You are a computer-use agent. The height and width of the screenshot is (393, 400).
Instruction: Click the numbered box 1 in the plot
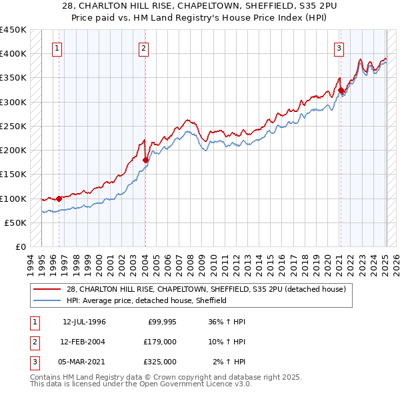(x=57, y=48)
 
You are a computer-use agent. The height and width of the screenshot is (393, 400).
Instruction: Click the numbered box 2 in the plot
(x=144, y=48)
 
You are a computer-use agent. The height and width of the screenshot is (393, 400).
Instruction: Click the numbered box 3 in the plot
(x=339, y=48)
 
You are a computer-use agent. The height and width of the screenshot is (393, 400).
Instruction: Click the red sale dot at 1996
(x=59, y=198)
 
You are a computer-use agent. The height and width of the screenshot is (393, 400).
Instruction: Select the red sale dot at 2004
(x=145, y=160)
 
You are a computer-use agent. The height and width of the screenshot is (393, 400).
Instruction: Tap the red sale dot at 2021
(x=341, y=90)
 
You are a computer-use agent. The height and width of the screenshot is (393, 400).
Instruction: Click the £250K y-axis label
(x=13, y=126)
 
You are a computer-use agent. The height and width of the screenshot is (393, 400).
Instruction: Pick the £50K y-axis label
(x=16, y=222)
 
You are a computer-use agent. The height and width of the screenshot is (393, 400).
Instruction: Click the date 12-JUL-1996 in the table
(x=84, y=322)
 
